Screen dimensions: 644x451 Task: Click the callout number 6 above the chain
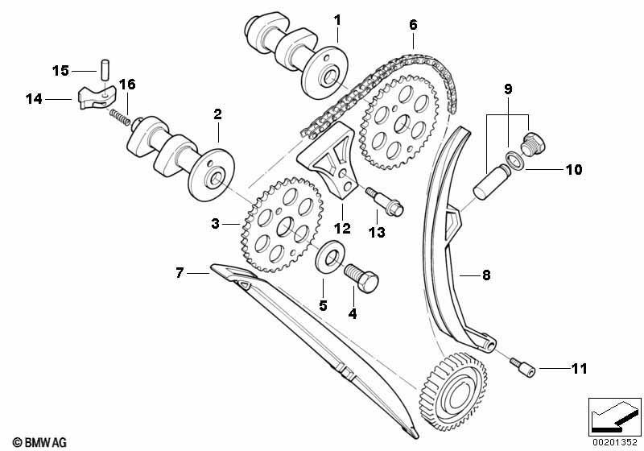(413, 25)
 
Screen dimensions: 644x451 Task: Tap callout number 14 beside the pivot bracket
(34, 99)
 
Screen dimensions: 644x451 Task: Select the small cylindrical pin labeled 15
(105, 71)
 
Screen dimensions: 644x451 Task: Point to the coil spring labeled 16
(120, 117)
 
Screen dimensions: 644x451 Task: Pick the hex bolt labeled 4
(361, 278)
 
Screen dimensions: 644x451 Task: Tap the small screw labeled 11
(522, 367)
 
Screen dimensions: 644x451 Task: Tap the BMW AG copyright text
(39, 442)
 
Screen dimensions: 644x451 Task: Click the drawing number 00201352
(614, 442)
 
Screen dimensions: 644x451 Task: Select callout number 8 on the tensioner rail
(486, 275)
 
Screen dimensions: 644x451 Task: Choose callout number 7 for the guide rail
(179, 272)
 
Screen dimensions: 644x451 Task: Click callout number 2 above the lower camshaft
(217, 114)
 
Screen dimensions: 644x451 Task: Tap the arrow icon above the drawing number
(615, 417)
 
